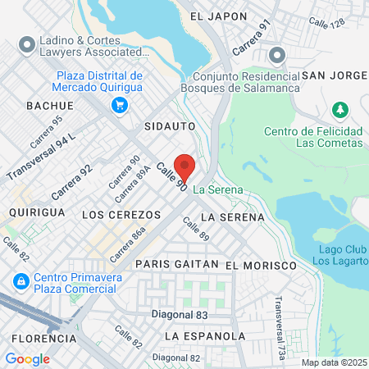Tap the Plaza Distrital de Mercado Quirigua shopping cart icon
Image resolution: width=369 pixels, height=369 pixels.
[121, 105]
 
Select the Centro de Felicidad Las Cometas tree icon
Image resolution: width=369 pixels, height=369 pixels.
[339, 110]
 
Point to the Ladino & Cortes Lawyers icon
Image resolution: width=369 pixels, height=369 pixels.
[26, 43]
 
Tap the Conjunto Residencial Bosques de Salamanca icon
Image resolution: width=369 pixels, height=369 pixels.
[276, 56]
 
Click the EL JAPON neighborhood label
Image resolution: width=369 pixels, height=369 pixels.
[218, 16]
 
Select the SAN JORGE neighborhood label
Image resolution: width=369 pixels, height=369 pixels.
[334, 75]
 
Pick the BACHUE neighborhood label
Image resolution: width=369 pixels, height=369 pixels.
[50, 106]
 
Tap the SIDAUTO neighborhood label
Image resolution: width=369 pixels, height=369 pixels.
[169, 127]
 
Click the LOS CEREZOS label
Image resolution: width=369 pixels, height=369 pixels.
[122, 214]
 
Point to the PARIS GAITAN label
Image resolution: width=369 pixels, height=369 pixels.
[177, 265]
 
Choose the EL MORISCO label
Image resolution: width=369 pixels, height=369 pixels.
[260, 266]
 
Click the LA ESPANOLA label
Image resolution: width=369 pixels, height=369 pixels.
[204, 336]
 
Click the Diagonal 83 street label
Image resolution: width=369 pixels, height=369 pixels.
[180, 315]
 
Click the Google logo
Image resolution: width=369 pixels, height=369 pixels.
[27, 358]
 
